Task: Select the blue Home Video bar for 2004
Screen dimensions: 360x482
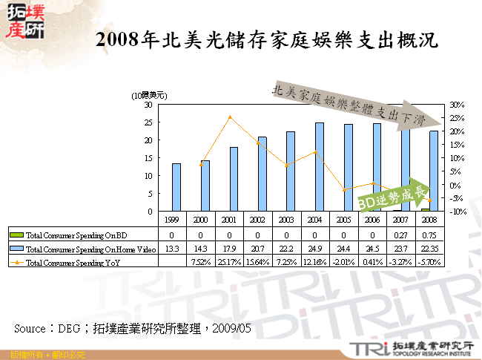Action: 319,166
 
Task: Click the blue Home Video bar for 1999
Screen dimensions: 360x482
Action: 176,187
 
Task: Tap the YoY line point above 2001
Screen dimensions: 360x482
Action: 231,117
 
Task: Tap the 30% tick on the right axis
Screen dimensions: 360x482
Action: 456,105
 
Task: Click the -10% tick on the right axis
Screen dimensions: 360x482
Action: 456,212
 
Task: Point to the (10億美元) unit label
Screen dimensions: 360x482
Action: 149,96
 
